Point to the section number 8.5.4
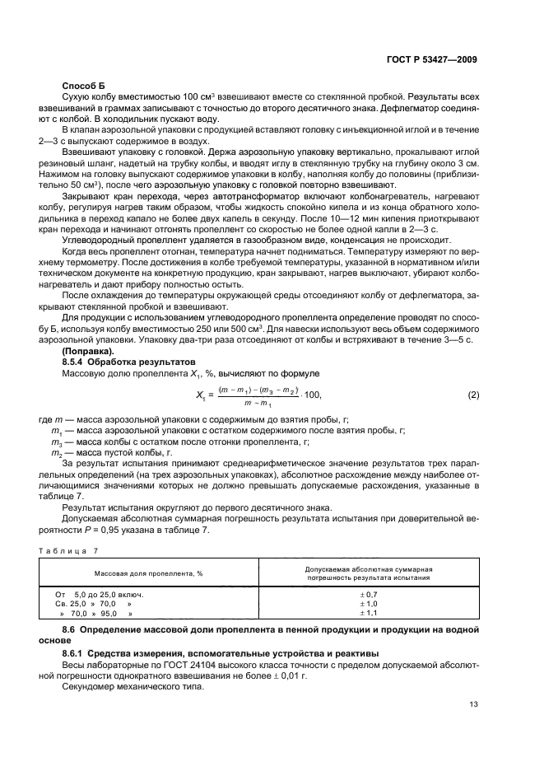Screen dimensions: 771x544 pos(76,361)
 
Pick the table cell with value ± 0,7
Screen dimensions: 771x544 pos(368,593)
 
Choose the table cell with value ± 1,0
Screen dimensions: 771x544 pos(368,603)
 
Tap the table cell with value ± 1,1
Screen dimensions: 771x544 pos(368,613)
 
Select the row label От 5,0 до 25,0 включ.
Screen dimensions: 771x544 pos(100,593)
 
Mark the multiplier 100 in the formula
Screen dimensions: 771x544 pos(313,395)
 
